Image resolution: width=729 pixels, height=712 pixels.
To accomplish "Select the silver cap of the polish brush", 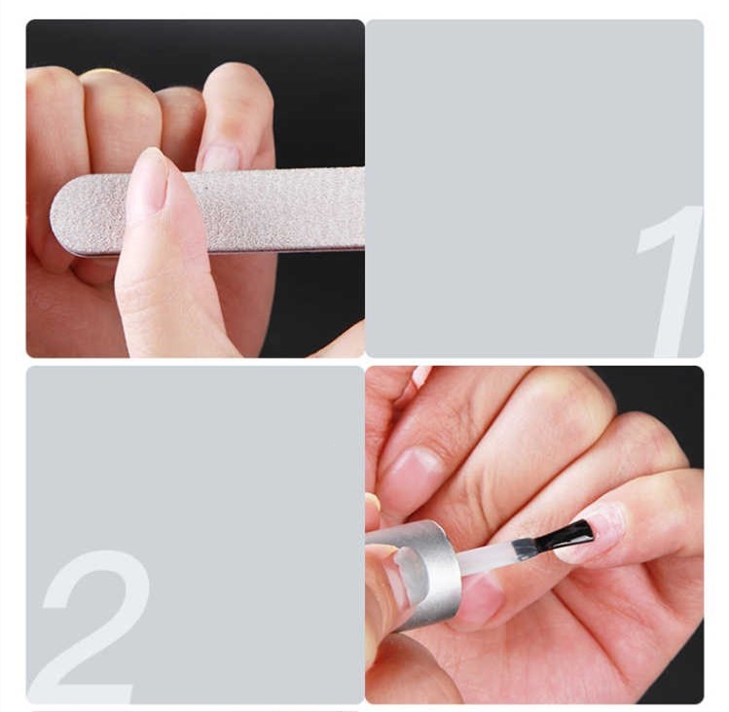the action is coord(414,574).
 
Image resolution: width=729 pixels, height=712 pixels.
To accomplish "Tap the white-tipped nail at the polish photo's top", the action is coord(421,374).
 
